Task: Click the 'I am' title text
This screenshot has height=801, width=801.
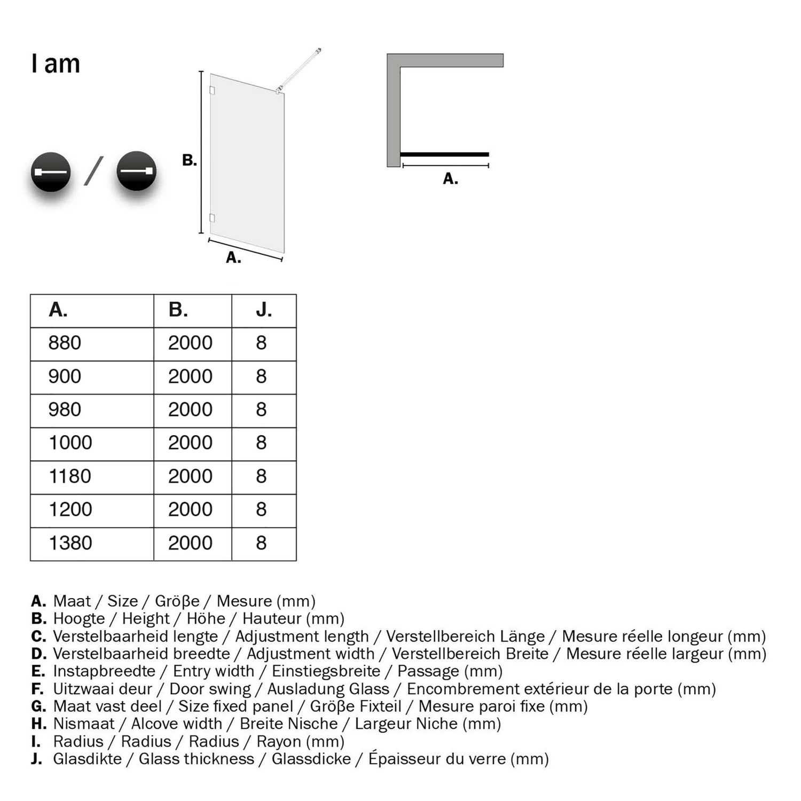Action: [x=56, y=64]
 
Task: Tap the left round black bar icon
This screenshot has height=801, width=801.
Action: [x=51, y=171]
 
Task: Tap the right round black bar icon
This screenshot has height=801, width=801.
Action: [x=136, y=171]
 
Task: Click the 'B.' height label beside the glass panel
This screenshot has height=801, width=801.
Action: [x=190, y=160]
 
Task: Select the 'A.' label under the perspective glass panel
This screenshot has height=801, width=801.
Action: [x=233, y=257]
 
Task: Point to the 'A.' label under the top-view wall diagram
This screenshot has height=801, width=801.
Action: [x=450, y=178]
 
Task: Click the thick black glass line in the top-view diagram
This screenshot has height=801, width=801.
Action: [x=444, y=154]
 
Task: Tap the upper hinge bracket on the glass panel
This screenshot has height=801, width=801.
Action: [x=212, y=90]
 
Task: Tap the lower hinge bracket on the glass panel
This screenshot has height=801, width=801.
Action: [x=212, y=218]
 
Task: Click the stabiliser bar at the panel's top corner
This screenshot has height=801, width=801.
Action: [x=300, y=69]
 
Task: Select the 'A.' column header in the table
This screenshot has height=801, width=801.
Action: [x=58, y=310]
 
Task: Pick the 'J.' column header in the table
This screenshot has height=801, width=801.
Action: [x=264, y=310]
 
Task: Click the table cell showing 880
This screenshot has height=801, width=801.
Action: [x=65, y=343]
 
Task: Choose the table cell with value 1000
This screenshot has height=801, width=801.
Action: [x=70, y=443]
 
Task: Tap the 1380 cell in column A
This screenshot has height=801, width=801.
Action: [x=70, y=543]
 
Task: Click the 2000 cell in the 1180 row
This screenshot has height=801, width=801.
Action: [x=190, y=476]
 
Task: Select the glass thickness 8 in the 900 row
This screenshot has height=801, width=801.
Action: [x=261, y=376]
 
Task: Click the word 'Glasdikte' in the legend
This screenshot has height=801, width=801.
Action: [x=87, y=759]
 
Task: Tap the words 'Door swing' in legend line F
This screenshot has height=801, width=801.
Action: [x=210, y=689]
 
